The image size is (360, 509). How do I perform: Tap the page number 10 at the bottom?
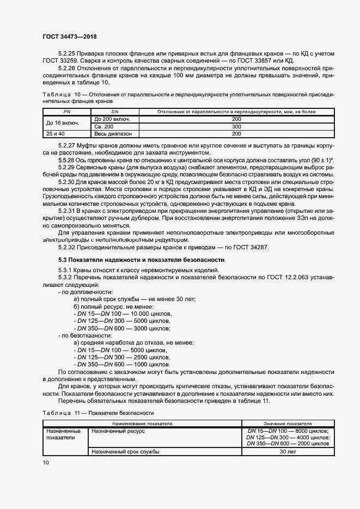coord(46,462)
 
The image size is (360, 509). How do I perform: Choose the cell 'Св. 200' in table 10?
coord(104,126)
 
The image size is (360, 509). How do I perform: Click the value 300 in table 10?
coord(236,126)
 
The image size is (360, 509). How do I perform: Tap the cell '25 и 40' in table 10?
coord(55,133)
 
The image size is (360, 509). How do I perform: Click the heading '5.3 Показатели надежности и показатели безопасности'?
coord(141,260)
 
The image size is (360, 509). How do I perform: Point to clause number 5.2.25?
coord(67,53)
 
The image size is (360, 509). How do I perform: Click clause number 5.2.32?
coord(67,248)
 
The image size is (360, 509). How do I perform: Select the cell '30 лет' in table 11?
coord(288,451)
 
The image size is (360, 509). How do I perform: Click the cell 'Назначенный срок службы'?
coord(126,451)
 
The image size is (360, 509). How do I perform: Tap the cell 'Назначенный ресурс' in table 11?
coord(117,431)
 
